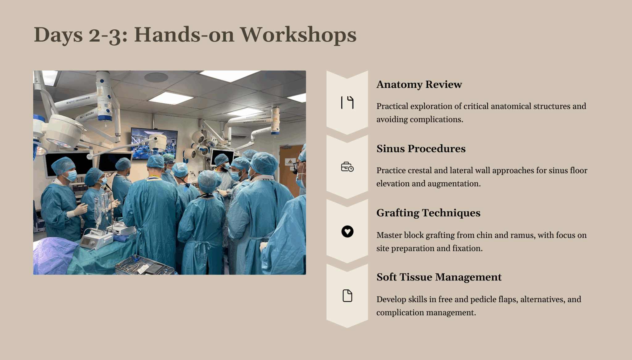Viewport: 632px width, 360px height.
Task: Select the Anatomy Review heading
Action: (419, 84)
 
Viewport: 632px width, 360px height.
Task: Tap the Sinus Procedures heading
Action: (421, 148)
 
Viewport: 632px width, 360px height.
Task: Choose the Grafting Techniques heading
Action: (428, 213)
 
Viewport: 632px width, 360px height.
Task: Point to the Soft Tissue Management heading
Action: (439, 277)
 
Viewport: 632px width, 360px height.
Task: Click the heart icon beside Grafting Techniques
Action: (347, 231)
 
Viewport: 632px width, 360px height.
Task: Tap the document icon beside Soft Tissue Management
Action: (347, 296)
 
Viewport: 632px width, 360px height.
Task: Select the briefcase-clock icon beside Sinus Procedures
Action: (347, 167)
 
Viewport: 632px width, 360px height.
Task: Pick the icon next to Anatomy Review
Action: (347, 102)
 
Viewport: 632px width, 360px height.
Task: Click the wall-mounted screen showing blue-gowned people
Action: (154, 143)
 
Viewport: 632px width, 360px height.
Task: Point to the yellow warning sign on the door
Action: (290, 162)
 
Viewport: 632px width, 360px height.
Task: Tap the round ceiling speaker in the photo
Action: (156, 77)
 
